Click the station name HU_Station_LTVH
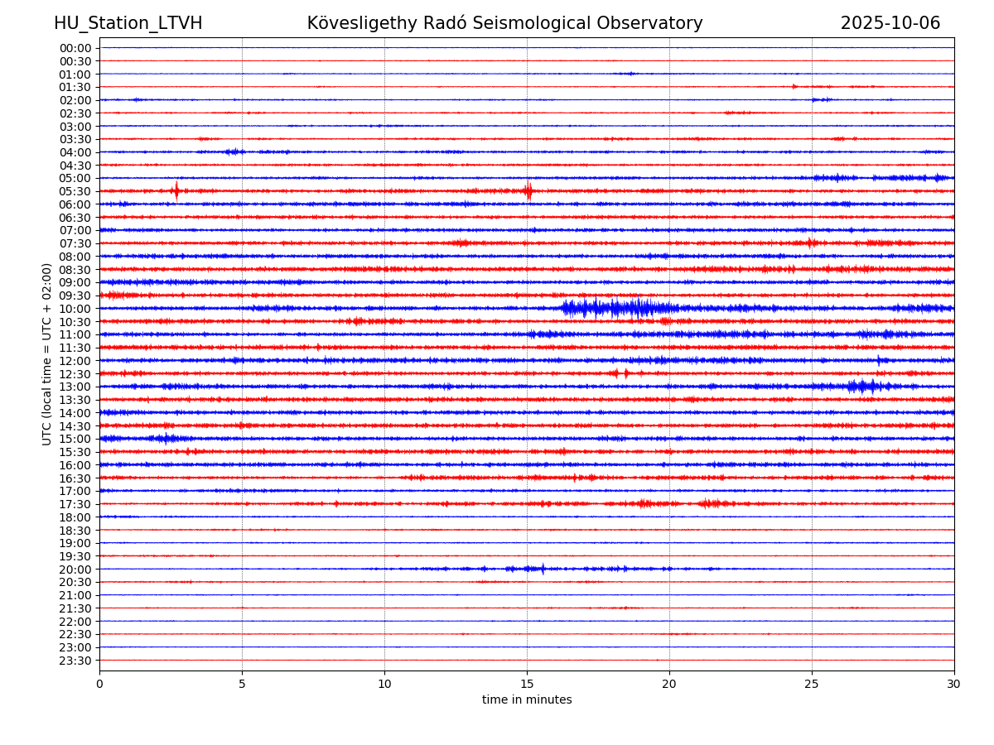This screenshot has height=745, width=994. pyautogui.click(x=128, y=23)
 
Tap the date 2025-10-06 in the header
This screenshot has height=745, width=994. pyautogui.click(x=890, y=23)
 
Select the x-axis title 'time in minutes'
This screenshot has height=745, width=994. pyautogui.click(x=527, y=699)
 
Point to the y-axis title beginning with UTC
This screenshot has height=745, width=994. pyautogui.click(x=47, y=353)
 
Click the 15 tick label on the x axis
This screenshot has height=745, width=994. pyautogui.click(x=527, y=685)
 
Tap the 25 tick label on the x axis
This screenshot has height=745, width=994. pyautogui.click(x=812, y=685)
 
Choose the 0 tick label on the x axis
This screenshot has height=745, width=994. pyautogui.click(x=99, y=685)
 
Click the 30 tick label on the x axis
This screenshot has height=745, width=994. pyautogui.click(x=954, y=685)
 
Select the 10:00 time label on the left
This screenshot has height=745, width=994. pyautogui.click(x=75, y=309)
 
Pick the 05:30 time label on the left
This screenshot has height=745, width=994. pyautogui.click(x=75, y=191)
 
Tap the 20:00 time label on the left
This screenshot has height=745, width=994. pyautogui.click(x=75, y=570)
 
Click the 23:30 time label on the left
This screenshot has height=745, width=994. pyautogui.click(x=75, y=661)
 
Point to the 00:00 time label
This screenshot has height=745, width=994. pyautogui.click(x=75, y=48)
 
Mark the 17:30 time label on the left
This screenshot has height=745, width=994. pyautogui.click(x=75, y=504)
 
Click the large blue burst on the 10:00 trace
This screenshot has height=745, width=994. pyautogui.click(x=613, y=309)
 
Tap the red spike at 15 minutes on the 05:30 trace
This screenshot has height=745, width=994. pyautogui.click(x=528, y=191)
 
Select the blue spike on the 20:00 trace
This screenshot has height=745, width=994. pyautogui.click(x=543, y=569)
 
